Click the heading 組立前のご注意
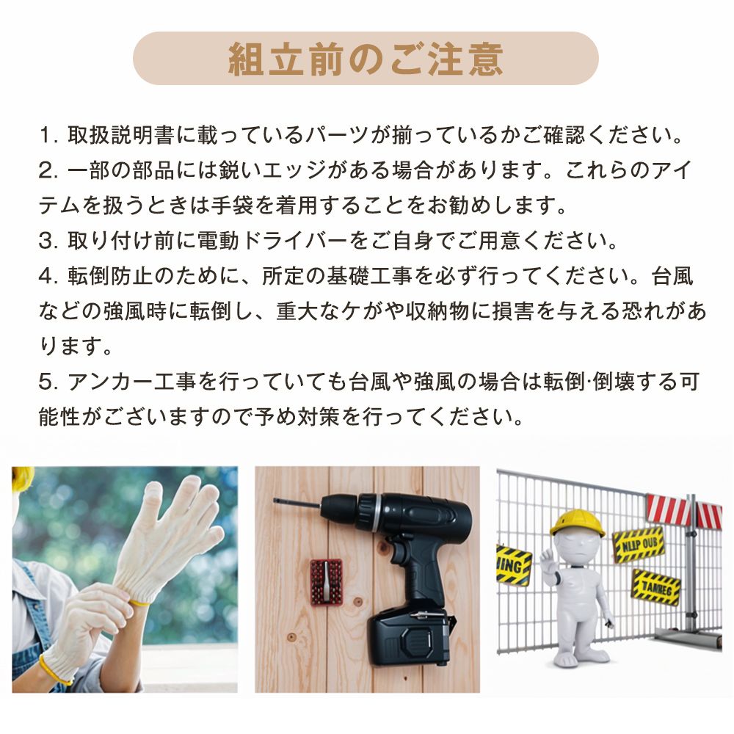pos(366,59)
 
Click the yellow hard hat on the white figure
pos(576,523)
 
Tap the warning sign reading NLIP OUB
pos(638,543)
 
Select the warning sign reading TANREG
pos(655,587)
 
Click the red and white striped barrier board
pos(683,511)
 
